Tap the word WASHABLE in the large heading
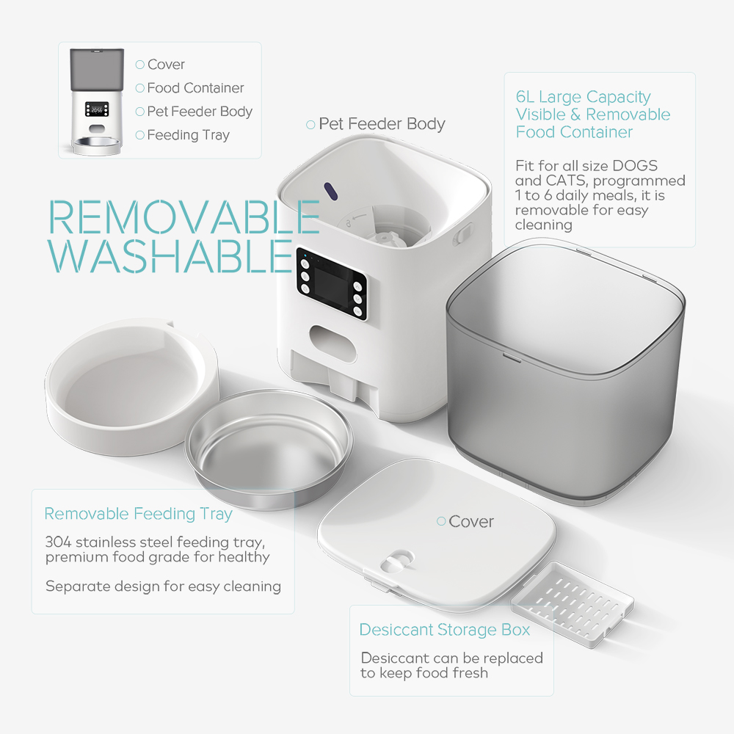170,255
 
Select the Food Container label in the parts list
195,88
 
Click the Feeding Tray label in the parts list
188,135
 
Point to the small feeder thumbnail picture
97,101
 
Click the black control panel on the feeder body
332,284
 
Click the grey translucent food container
565,372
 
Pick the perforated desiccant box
573,604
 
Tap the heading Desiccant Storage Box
444,630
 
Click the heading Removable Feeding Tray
138,514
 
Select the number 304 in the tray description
58,542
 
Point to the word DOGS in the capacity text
635,166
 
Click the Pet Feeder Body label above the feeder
382,124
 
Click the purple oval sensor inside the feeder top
331,192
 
